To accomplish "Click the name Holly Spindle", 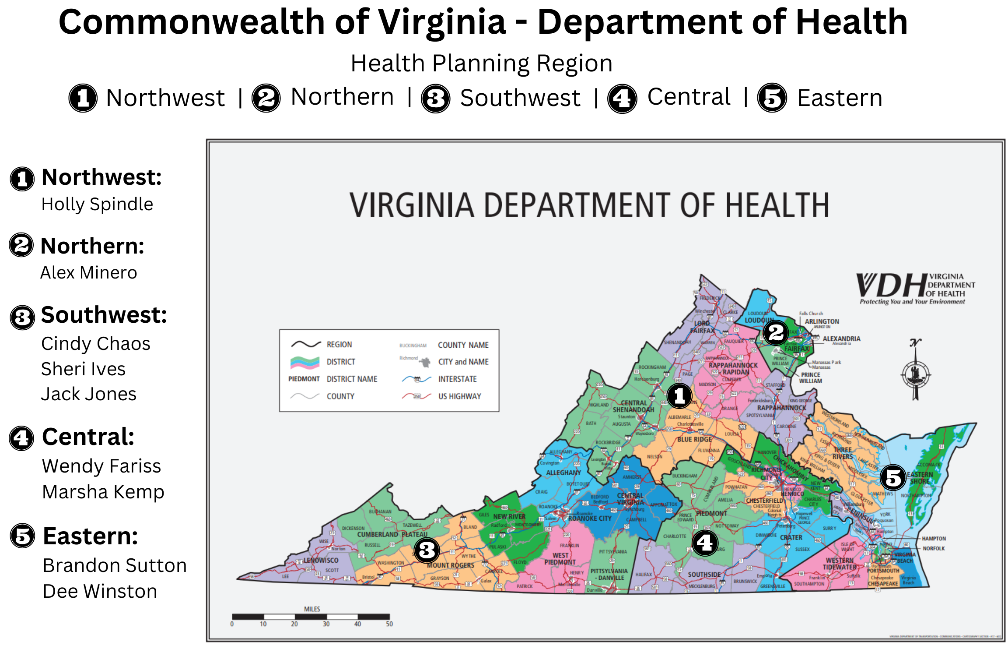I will (97, 205).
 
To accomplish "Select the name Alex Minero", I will (89, 273).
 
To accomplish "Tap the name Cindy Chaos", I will (96, 344).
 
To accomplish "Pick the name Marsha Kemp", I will (103, 492).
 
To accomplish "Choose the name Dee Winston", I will (100, 591).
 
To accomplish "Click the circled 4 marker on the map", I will (705, 543).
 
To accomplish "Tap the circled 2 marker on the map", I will (776, 333).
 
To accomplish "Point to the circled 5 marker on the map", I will (892, 477).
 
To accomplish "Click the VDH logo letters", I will (890, 286).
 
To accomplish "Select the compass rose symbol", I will (915, 374).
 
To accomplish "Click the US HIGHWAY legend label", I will (459, 396).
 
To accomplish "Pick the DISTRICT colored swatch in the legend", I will (305, 362).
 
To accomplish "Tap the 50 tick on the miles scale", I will (389, 624).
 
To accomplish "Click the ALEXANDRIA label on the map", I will (841, 339).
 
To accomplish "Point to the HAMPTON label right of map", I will (934, 538).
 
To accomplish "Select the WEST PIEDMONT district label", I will (560, 559).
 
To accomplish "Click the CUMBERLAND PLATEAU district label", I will (392, 534).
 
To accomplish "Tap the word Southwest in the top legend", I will (520, 98).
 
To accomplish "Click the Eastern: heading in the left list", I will (91, 536).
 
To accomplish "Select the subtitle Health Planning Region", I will (481, 63).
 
